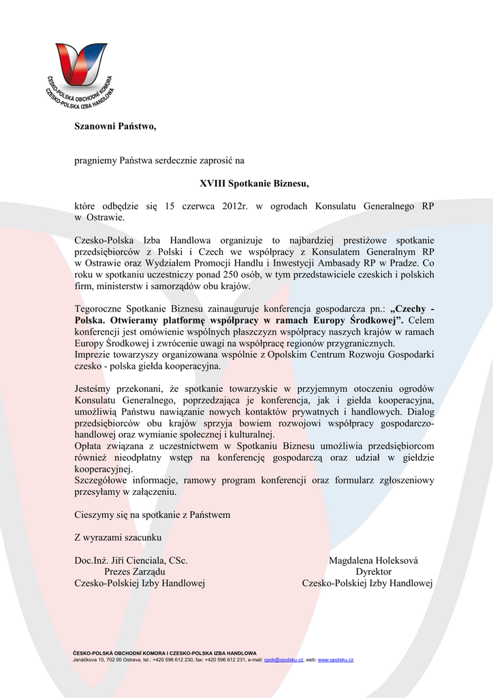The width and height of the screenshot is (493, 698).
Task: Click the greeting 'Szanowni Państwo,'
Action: [115, 126]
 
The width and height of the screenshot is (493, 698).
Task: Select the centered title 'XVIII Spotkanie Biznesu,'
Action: [254, 183]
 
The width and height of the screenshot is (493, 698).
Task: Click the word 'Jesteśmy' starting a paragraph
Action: [94, 389]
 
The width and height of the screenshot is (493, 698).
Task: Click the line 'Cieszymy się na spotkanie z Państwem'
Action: [152, 515]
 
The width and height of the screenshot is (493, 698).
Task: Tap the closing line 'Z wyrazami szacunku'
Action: [118, 538]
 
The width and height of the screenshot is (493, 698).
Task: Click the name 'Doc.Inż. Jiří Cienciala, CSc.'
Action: [131, 560]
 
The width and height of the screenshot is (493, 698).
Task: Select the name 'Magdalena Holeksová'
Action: [373, 560]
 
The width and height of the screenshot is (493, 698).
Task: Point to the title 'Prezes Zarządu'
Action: [134, 572]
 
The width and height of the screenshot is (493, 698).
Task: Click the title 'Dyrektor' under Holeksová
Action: [373, 572]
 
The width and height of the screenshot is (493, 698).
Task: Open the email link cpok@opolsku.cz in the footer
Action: [283, 660]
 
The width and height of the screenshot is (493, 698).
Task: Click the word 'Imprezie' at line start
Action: [93, 354]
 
